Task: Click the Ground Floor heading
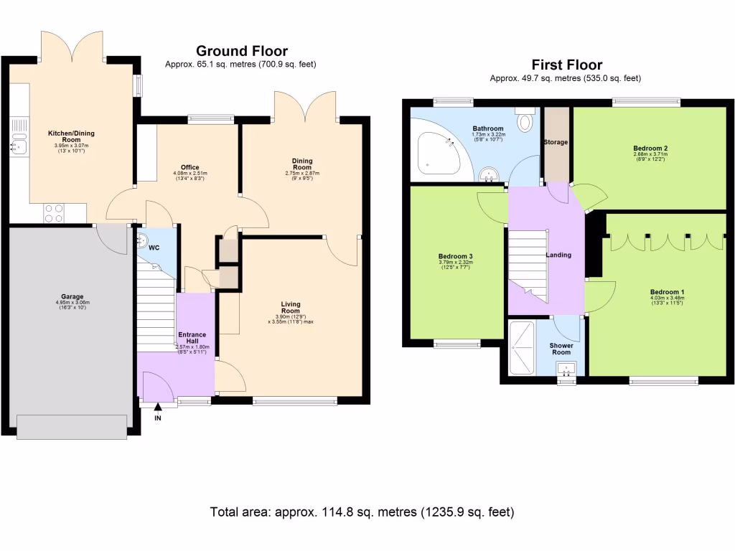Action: pos(242,51)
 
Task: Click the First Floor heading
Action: pos(566,65)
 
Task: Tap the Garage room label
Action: pos(72,296)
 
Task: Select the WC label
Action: pos(153,249)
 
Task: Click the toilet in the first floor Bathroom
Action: pos(526,121)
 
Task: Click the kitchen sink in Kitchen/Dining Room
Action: pos(18,143)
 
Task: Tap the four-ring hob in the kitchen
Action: pos(54,213)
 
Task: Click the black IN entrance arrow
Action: pos(158,407)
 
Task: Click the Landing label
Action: pos(558,255)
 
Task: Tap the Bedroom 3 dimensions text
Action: pos(455,265)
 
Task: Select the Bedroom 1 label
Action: pos(667,292)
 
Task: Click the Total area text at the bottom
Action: pos(362,512)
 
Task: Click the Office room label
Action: pos(189,167)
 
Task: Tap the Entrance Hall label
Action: pos(192,338)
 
